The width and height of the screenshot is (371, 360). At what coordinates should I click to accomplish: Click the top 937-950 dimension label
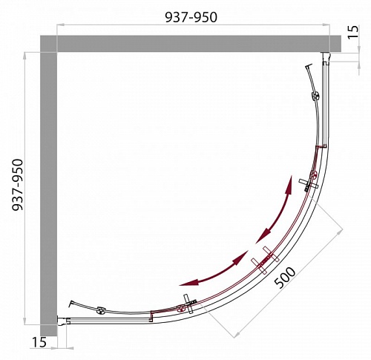[x=191, y=17]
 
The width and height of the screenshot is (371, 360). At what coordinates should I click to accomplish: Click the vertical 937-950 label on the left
[x=18, y=185]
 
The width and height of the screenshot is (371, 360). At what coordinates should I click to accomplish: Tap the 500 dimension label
[x=285, y=278]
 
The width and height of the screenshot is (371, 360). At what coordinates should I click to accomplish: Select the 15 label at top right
[x=353, y=32]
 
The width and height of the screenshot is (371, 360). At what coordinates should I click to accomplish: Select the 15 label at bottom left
[x=39, y=342]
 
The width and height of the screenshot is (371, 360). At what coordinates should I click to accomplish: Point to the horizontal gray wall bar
[x=191, y=44]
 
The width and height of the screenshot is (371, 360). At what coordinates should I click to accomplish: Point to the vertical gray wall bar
[x=48, y=186]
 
